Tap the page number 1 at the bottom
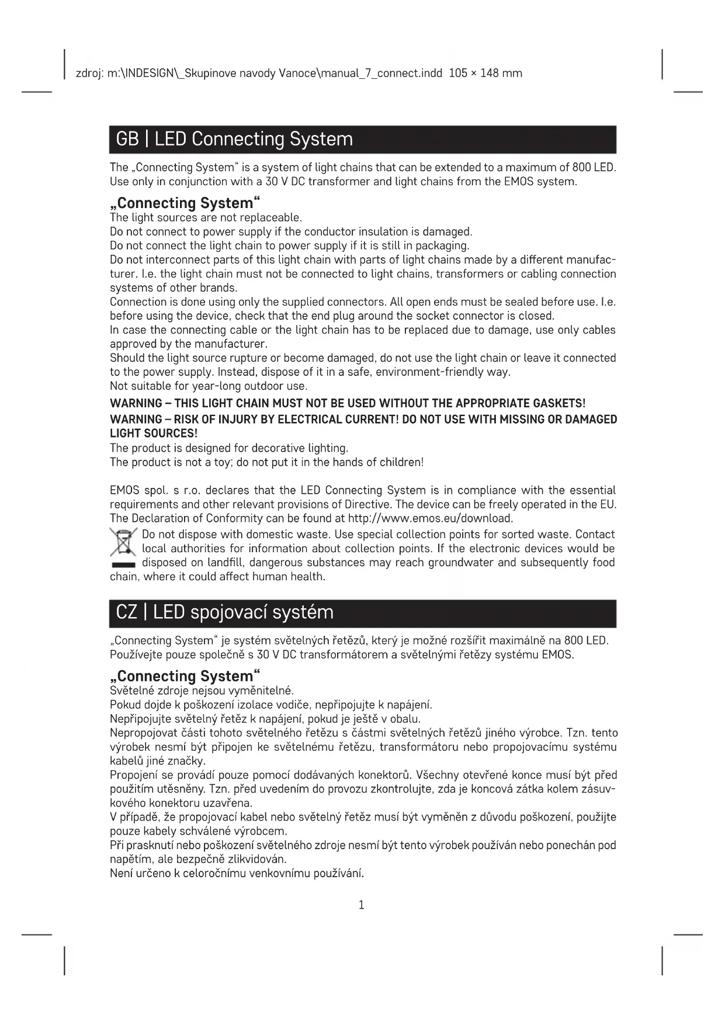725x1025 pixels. (361, 905)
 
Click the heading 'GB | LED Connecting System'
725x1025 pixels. (234, 139)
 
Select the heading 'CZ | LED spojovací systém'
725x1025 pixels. (225, 612)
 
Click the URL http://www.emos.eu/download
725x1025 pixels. (430, 518)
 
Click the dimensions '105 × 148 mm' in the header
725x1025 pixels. (485, 74)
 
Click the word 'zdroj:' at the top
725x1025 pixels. (90, 74)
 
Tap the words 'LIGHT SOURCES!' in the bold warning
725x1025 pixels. (154, 434)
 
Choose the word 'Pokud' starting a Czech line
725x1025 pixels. (124, 705)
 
